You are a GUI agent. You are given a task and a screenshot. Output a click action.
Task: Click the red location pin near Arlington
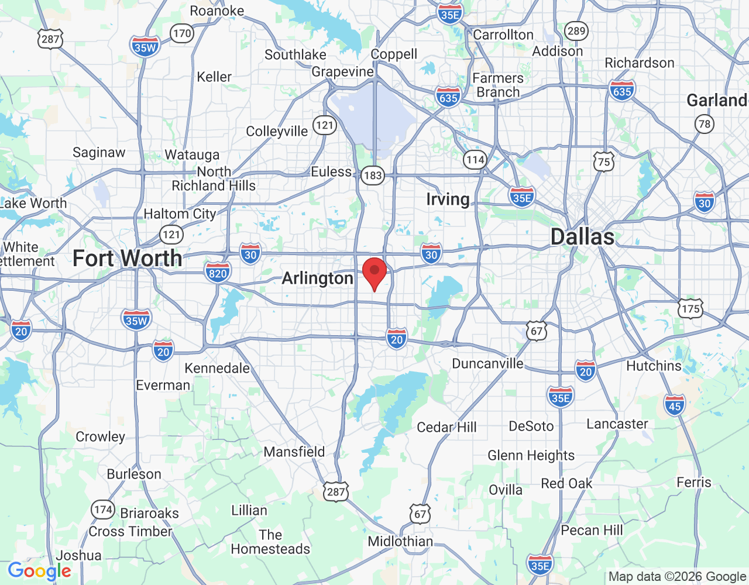tap(374, 273)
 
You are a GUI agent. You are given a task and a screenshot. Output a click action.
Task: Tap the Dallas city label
tap(582, 237)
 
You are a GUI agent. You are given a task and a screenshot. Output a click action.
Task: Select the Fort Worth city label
tap(127, 258)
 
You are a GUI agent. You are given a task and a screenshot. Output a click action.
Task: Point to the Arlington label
tap(317, 278)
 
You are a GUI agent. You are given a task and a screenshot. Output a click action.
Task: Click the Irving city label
tap(448, 199)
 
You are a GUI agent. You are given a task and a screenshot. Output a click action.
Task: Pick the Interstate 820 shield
tap(218, 273)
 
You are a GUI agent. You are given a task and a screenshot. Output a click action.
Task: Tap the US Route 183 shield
tap(372, 175)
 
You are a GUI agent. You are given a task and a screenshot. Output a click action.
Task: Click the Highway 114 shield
tap(475, 159)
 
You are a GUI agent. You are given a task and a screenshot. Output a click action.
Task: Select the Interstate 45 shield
tap(675, 405)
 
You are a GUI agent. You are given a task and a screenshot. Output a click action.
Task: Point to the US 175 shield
tap(690, 308)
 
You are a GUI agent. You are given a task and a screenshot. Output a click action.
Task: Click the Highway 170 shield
tap(183, 33)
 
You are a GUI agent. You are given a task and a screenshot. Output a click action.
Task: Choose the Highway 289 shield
tap(576, 31)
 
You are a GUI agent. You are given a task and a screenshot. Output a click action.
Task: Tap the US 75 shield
tap(604, 162)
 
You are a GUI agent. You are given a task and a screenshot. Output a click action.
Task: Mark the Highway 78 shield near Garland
tap(705, 123)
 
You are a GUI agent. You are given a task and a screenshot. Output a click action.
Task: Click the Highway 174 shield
tap(103, 509)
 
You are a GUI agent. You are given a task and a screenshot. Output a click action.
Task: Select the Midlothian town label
tap(400, 541)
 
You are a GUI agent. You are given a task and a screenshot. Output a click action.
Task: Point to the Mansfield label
tap(294, 452)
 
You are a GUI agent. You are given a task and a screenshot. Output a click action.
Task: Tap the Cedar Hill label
tap(446, 427)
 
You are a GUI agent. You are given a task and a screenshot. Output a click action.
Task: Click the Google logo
tap(39, 571)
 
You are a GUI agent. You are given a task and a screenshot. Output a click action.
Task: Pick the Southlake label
tap(295, 54)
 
